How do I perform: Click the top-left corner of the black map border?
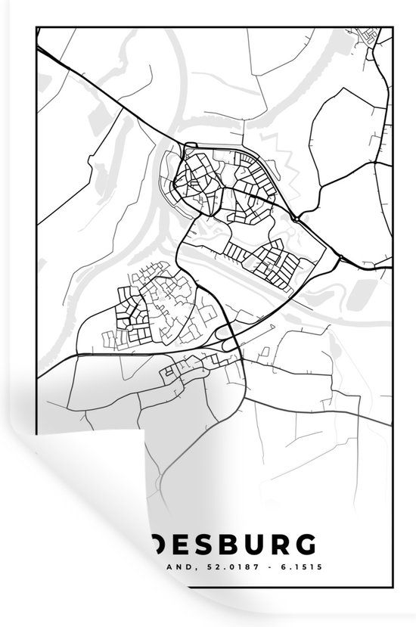36,27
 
